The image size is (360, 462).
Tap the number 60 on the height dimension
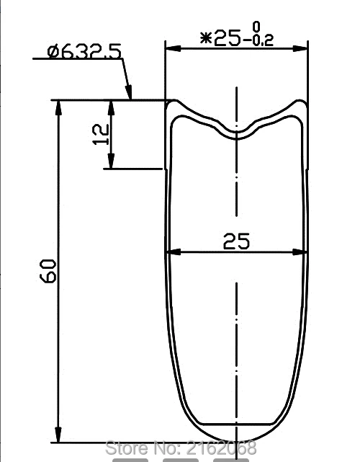48,272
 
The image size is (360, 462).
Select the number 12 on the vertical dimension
101,133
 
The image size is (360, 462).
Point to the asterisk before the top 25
206,40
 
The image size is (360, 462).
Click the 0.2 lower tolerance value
260,43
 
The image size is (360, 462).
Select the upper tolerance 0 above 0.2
257,27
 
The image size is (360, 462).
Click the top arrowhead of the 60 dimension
58,105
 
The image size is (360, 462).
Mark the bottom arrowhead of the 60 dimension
58,437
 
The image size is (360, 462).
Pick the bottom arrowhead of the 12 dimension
109,164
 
